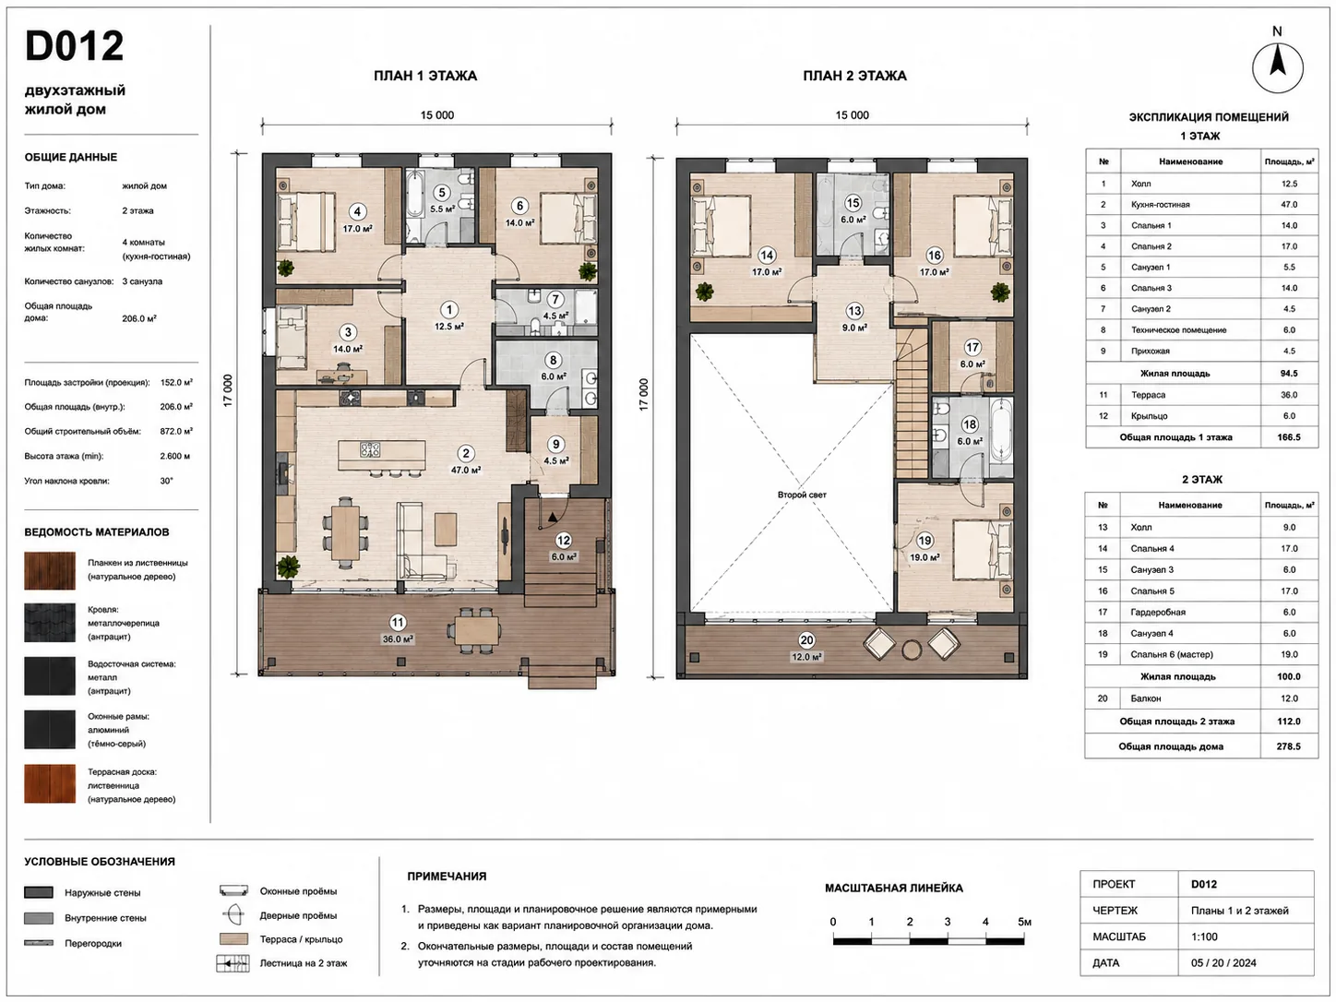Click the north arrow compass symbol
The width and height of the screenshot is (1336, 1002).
click(1278, 67)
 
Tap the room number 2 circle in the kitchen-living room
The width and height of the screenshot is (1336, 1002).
click(466, 453)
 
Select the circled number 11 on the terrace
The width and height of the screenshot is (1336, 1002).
click(398, 623)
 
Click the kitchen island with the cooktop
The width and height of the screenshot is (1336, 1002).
click(382, 455)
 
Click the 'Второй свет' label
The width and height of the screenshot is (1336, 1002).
click(802, 495)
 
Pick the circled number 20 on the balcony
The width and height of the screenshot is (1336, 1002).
click(806, 640)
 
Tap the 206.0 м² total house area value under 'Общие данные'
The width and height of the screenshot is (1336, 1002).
click(139, 318)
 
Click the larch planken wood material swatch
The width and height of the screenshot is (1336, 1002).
click(50, 570)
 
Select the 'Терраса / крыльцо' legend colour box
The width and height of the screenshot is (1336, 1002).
click(233, 938)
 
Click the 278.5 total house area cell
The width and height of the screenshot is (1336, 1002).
click(1289, 746)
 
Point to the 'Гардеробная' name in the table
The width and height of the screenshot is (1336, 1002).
click(1158, 612)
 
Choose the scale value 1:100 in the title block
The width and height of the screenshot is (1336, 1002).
click(1205, 936)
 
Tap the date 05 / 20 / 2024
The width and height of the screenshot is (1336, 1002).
click(1223, 962)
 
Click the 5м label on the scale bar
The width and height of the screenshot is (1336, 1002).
click(1024, 922)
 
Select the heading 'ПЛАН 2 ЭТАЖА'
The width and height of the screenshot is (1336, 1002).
click(854, 76)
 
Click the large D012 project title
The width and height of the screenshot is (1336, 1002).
click(74, 46)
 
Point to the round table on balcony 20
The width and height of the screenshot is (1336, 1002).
click(912, 650)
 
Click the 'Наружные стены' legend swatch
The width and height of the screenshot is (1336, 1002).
click(39, 892)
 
